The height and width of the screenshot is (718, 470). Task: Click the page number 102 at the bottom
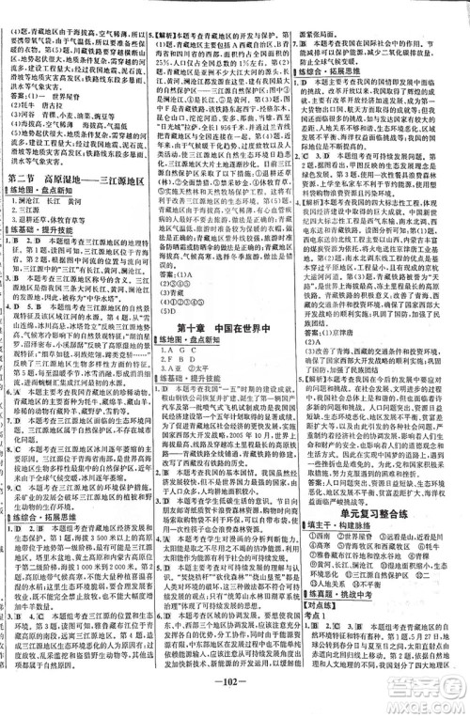236,708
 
